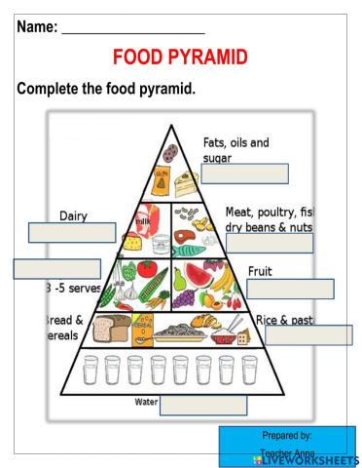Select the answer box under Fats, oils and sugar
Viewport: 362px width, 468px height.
pyautogui.click(x=245, y=174)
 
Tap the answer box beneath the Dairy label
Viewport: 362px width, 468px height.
pyautogui.click(x=72, y=232)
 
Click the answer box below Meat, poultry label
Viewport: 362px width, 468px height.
pyautogui.click(x=270, y=243)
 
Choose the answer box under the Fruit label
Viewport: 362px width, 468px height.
pyautogui.click(x=290, y=289)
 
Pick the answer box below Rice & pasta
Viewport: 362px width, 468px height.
pyautogui.click(x=308, y=334)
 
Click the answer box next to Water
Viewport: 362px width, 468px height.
pyautogui.click(x=202, y=405)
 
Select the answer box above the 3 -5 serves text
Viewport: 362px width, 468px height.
pyautogui.click(x=56, y=268)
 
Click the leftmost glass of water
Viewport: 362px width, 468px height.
pyautogui.click(x=90, y=370)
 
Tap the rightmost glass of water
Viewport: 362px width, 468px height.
pyautogui.click(x=249, y=370)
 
